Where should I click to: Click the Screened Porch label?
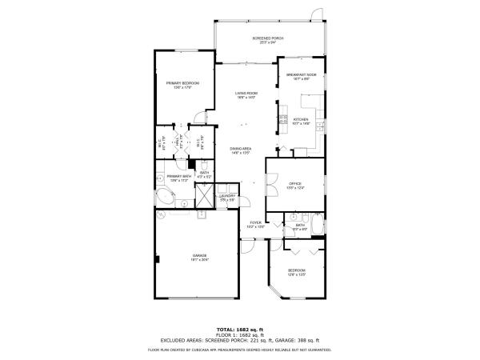(x=267, y=40)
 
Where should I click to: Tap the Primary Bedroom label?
(x=182, y=85)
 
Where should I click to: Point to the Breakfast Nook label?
(x=302, y=77)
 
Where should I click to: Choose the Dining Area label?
(x=241, y=150)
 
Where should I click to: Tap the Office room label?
(x=295, y=186)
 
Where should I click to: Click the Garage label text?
(x=199, y=258)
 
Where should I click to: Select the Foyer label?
(x=255, y=225)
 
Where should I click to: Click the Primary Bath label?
(x=178, y=178)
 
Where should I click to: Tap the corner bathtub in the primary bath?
(x=165, y=197)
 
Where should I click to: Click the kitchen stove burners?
(x=283, y=122)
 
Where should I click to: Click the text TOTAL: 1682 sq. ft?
(x=239, y=330)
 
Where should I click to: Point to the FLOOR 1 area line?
(x=239, y=335)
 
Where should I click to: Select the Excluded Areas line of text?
(x=239, y=341)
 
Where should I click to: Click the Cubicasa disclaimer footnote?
(x=239, y=350)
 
